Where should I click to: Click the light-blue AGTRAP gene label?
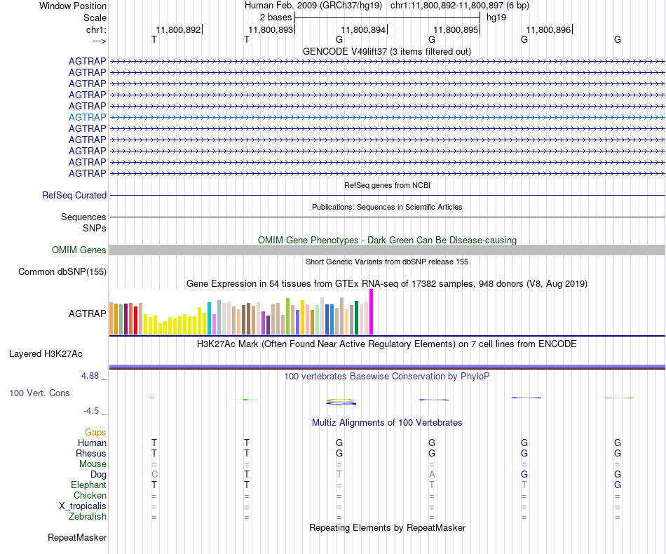coord(88,117)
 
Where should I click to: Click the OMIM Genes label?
coord(79,250)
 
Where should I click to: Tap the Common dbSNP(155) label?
coord(62,272)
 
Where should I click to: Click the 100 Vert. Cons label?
coord(39,393)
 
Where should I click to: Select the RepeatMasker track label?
coord(77,538)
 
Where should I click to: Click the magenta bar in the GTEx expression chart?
coord(372,312)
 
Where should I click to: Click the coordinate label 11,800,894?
coord(362,30)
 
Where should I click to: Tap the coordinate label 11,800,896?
coord(548,30)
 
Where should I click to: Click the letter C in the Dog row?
coord(154,475)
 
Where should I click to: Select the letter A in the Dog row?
coord(432,475)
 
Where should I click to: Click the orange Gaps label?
coord(95,433)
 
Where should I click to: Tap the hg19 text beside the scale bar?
coord(496,17)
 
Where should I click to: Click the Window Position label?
coord(73,6)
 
